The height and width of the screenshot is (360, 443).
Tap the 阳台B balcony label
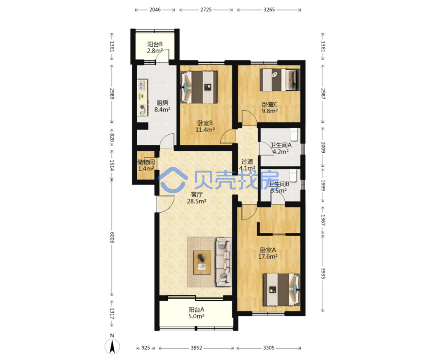[x=155, y=44]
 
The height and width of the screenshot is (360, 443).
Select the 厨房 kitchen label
[x=162, y=103]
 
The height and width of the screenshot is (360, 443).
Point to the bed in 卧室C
[x=280, y=79]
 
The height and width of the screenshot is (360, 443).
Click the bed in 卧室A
[x=282, y=289]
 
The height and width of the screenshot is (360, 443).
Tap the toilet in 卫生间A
[x=294, y=134]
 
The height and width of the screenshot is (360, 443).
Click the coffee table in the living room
[x=202, y=262]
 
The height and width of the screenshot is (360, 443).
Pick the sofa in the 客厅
[x=224, y=261]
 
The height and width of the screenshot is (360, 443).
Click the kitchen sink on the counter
[x=142, y=85]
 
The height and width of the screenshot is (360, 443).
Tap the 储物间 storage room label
[x=146, y=162]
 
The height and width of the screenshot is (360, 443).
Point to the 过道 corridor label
[x=247, y=162]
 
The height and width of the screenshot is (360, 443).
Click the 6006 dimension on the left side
[x=112, y=237]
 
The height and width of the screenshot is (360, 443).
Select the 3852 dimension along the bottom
[x=197, y=348]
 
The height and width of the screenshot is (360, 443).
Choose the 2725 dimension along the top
[x=206, y=10]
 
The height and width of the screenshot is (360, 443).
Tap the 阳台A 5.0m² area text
[x=197, y=313]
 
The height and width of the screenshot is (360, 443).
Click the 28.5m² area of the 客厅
[x=197, y=201]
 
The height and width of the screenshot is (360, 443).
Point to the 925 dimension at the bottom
[x=145, y=348]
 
